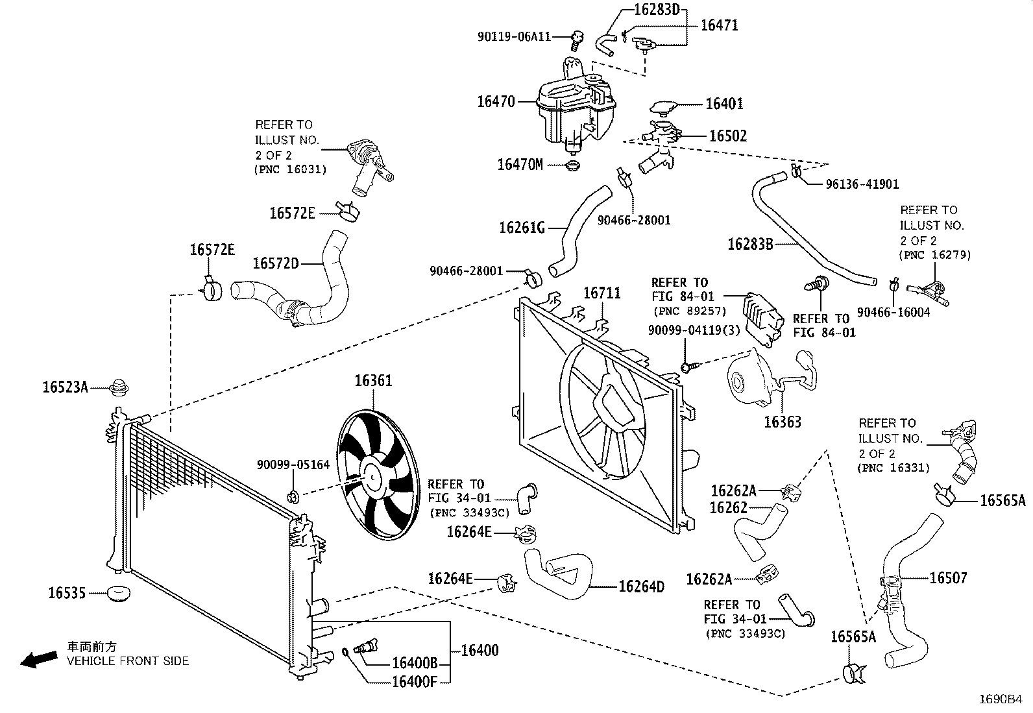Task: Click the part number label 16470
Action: click(x=496, y=101)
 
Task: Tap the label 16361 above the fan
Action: click(x=373, y=381)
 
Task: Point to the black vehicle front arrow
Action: click(x=39, y=659)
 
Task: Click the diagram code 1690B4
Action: click(x=1001, y=699)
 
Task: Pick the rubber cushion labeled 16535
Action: click(x=119, y=594)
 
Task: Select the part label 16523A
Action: click(x=65, y=387)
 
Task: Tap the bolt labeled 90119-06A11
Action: click(x=577, y=41)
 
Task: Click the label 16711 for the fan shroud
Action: click(x=602, y=293)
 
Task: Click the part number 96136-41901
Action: click(x=862, y=184)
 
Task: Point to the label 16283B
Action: click(x=750, y=244)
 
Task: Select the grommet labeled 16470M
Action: click(x=573, y=165)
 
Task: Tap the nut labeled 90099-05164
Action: click(x=293, y=497)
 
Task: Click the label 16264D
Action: click(x=641, y=586)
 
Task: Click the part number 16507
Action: click(x=948, y=578)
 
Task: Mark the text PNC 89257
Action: click(x=690, y=311)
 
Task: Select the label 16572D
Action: click(x=275, y=263)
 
